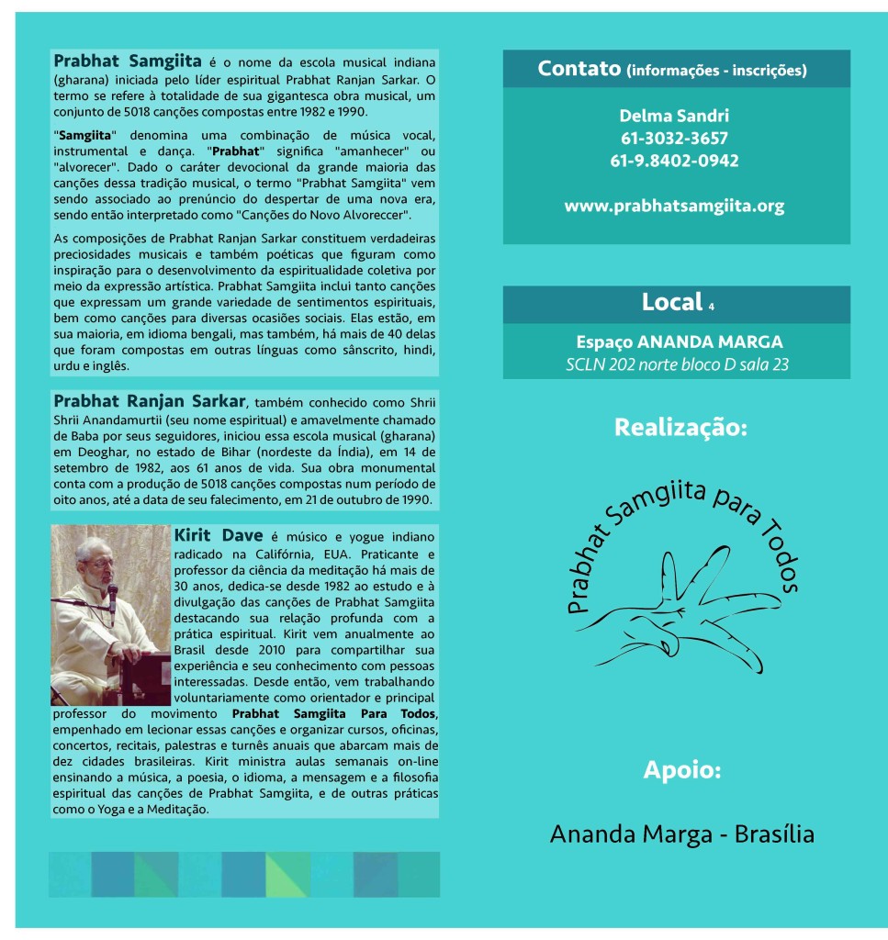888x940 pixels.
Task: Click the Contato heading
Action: coord(579,69)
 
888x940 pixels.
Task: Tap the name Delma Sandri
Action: coord(675,116)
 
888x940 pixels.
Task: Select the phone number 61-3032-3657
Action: coord(675,139)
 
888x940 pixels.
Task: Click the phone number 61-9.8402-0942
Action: coord(675,161)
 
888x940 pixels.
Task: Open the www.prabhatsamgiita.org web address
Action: coord(675,206)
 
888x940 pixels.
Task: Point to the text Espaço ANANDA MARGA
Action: coord(679,341)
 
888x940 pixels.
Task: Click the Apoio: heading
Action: coord(681,769)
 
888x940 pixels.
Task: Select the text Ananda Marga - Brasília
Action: coord(681,834)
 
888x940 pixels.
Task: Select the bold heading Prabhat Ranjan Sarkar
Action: coord(150,401)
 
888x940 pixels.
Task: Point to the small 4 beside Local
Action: coord(711,306)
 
